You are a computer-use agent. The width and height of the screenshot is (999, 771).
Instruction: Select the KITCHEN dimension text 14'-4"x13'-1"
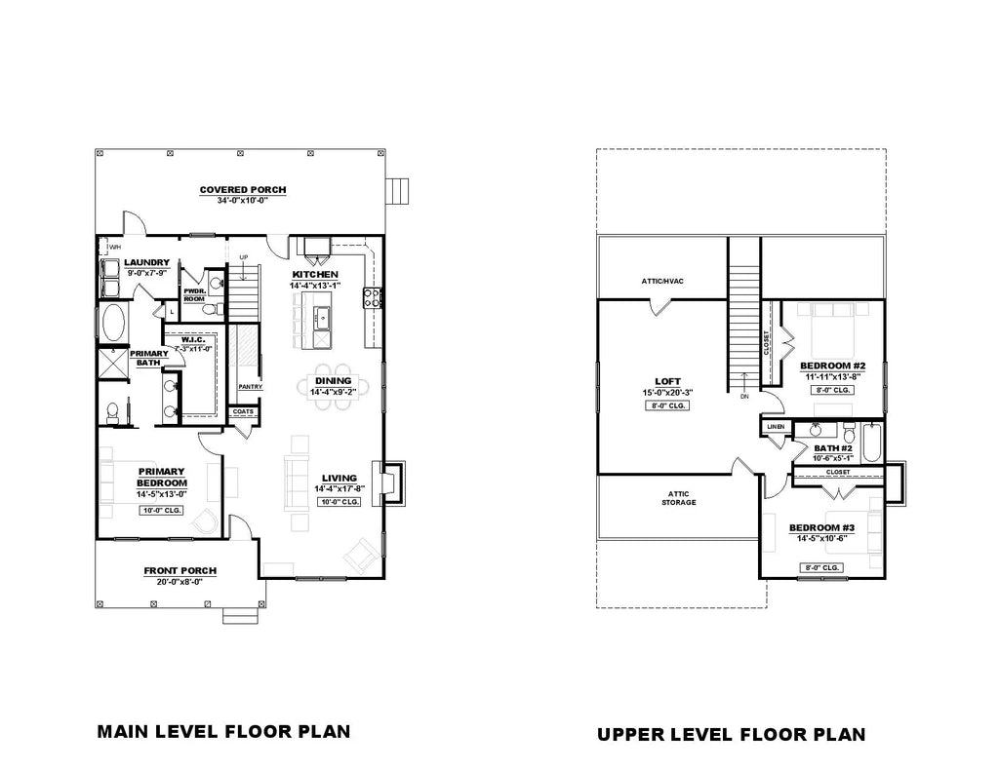click(x=314, y=286)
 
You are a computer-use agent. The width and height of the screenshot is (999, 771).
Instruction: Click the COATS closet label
click(x=242, y=411)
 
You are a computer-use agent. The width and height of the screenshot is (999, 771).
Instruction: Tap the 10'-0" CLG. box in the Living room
click(x=340, y=502)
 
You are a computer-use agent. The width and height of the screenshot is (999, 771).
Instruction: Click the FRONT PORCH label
click(x=180, y=570)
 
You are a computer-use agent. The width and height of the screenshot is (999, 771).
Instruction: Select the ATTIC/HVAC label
click(x=662, y=281)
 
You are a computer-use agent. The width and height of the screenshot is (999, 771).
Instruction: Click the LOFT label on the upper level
click(x=668, y=381)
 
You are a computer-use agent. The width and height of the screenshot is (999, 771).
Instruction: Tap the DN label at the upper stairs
click(x=744, y=397)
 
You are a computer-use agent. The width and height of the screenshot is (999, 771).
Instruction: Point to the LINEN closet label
click(x=776, y=426)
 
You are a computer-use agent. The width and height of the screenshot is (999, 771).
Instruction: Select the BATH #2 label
click(x=833, y=447)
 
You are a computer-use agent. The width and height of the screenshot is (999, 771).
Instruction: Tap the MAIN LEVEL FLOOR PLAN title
click(x=223, y=731)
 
